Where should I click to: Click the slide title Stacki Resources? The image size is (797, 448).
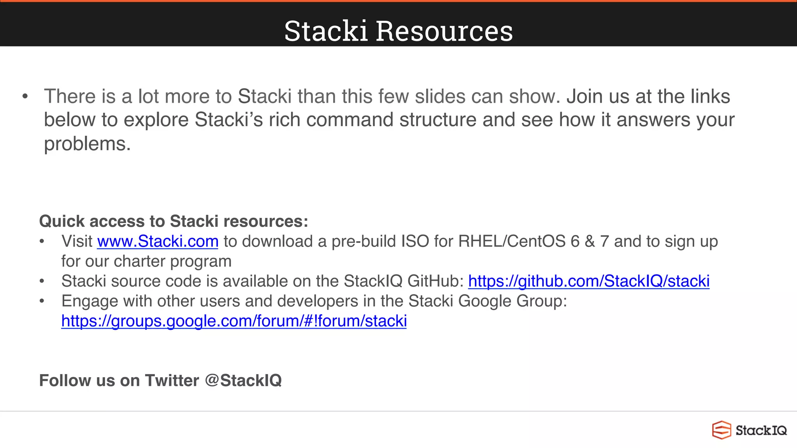pos(398,31)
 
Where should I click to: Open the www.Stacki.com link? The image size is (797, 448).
pos(158,241)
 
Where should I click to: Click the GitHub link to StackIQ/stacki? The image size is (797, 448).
pos(588,281)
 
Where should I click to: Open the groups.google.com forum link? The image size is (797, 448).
pos(234,321)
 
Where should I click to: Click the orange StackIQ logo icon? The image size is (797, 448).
pos(722,430)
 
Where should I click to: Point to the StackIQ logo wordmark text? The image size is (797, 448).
pos(761,430)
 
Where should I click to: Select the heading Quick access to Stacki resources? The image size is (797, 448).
pos(174,221)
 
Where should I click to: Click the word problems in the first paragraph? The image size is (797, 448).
pos(87,144)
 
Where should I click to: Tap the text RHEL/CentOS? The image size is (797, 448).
pos(511,241)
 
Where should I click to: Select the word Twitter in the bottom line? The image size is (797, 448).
pos(172,380)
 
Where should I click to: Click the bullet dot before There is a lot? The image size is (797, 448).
pos(25,96)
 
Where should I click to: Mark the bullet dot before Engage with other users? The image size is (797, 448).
pos(42,301)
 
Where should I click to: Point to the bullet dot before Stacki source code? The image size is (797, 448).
pos(42,281)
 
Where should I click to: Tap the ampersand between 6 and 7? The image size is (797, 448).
pos(590,241)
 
